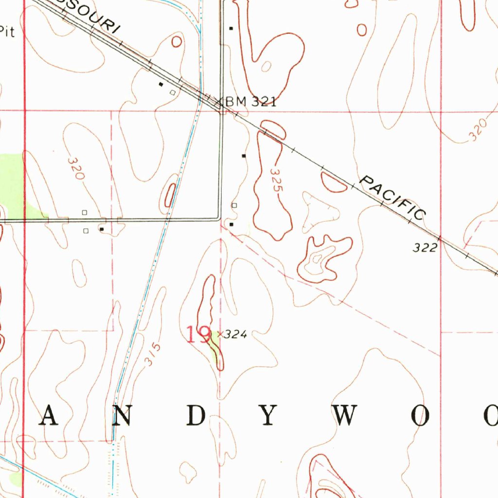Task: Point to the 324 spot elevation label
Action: (236, 335)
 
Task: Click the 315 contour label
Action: (153, 354)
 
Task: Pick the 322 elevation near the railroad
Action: (425, 248)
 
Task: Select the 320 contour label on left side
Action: (76, 169)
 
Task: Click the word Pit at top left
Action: (7, 33)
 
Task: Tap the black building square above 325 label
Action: (244, 156)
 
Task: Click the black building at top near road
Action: (231, 28)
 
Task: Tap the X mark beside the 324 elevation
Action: (220, 334)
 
